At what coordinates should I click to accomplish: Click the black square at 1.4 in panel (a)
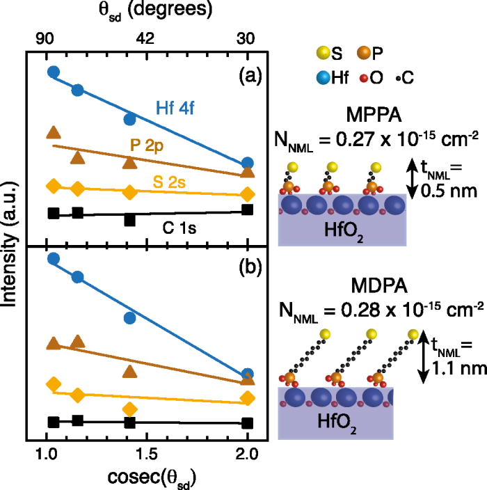pyautogui.click(x=129, y=220)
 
